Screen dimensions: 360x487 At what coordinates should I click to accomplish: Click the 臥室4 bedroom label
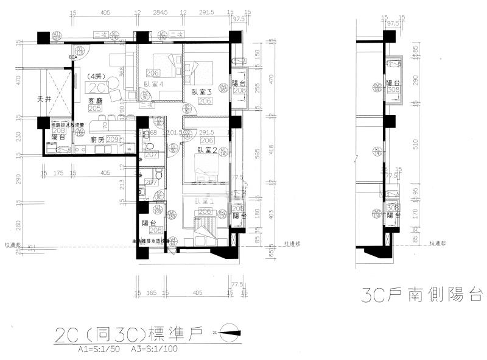point(155,85)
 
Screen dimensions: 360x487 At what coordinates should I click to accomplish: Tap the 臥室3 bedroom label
point(201,91)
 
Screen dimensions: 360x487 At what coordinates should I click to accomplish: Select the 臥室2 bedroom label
point(207,150)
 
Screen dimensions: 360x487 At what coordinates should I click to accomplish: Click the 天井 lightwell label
point(44,99)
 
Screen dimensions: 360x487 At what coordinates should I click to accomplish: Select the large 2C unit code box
point(96,87)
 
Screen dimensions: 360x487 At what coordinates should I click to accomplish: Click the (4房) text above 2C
point(95,76)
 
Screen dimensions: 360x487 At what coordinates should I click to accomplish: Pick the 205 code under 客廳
point(94,108)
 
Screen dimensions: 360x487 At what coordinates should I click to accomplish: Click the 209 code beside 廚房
point(112,139)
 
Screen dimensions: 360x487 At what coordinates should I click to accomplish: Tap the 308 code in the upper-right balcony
point(393,90)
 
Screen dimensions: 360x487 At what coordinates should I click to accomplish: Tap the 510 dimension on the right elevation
point(415,144)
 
